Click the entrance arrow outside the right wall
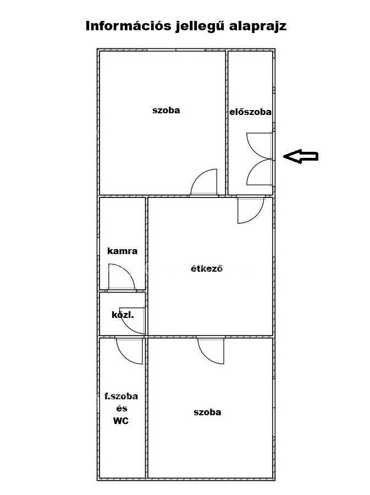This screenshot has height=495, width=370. click(301, 156)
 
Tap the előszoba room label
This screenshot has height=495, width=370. click(250, 112)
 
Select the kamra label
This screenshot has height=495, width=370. click(123, 251)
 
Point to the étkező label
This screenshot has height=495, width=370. click(207, 268)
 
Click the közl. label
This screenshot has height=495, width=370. click(123, 315)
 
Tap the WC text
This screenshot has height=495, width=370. click(121, 421)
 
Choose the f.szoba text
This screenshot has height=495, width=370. click(121, 396)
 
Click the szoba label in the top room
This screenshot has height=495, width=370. click(166, 110)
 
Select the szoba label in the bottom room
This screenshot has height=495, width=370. click(207, 412)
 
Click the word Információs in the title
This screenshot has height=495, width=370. click(128, 26)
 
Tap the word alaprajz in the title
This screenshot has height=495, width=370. click(258, 26)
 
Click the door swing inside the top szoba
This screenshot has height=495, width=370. click(198, 177)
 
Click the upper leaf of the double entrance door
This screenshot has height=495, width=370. click(254, 151)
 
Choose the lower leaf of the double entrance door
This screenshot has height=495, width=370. click(254, 166)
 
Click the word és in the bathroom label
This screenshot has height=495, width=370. click(122, 409)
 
